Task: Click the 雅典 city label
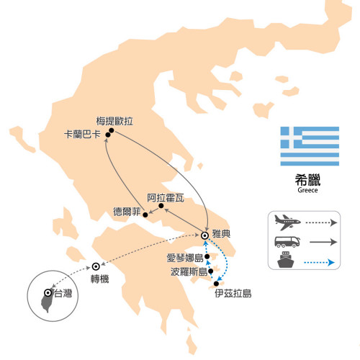tap(221, 233)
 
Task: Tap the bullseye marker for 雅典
tap(204, 235)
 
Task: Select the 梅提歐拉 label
tap(114, 121)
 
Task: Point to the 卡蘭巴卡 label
tap(82, 134)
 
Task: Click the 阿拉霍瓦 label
tap(166, 198)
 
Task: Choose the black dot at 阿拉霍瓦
tap(161, 206)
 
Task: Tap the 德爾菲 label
tap(127, 212)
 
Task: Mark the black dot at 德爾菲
tap(145, 215)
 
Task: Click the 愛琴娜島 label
tap(185, 258)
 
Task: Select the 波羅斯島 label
tap(189, 271)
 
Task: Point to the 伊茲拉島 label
tap(233, 293)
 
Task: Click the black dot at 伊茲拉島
tap(216, 284)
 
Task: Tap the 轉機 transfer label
tap(100, 279)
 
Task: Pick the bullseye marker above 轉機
tap(96, 266)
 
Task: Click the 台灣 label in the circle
tap(63, 293)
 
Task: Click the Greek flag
tap(310, 146)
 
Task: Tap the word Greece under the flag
tap(307, 190)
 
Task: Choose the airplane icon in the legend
tap(287, 222)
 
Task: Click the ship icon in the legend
tap(286, 260)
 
